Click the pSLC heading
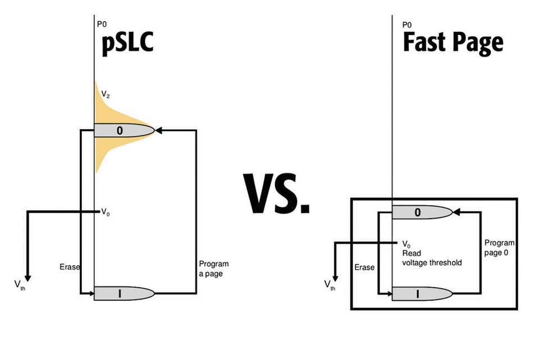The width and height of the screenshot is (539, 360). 127,45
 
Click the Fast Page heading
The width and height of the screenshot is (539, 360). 453,43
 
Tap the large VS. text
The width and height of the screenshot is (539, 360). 277,194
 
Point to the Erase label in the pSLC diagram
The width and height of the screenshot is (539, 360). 69,267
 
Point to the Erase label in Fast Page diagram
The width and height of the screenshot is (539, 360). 364,267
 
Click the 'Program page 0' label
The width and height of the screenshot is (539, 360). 499,247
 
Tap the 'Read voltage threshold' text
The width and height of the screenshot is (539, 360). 432,258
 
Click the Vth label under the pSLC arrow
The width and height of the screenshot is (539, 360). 19,285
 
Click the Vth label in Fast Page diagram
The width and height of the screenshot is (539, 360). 330,284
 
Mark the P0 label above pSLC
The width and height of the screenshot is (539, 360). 102,24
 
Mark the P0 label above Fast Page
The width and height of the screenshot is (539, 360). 407,24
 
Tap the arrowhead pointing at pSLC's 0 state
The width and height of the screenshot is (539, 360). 158,130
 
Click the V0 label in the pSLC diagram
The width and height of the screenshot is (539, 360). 106,212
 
